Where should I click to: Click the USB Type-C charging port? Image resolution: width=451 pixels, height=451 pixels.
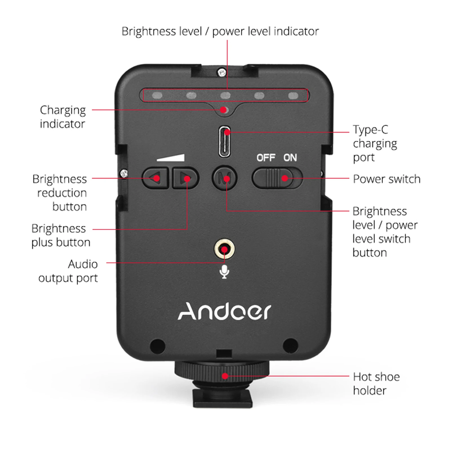pyautogui.click(x=225, y=141)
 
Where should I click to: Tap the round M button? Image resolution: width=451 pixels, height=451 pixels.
pyautogui.click(x=225, y=178)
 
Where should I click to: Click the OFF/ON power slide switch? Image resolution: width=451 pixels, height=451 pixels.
pyautogui.click(x=277, y=178)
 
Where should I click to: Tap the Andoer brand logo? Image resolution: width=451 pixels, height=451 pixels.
pyautogui.click(x=224, y=311)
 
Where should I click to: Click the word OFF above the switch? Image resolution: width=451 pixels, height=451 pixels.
pyautogui.click(x=266, y=158)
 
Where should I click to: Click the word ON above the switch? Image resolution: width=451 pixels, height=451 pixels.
pyautogui.click(x=290, y=158)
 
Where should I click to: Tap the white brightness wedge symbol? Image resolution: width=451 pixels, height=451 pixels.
pyautogui.click(x=171, y=157)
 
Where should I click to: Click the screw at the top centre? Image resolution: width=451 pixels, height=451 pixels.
pyautogui.click(x=222, y=72)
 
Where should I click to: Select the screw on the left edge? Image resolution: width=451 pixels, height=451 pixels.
pyautogui.click(x=124, y=174)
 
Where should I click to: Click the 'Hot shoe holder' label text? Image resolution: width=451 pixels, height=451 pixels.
pyautogui.click(x=376, y=384)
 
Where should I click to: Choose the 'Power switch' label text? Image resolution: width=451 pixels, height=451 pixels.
pyautogui.click(x=386, y=179)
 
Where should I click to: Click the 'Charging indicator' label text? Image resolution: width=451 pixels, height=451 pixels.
pyautogui.click(x=63, y=117)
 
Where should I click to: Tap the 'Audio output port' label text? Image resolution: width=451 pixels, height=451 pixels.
pyautogui.click(x=68, y=271)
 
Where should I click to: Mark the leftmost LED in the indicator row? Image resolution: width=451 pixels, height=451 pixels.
pyautogui.click(x=157, y=95)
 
